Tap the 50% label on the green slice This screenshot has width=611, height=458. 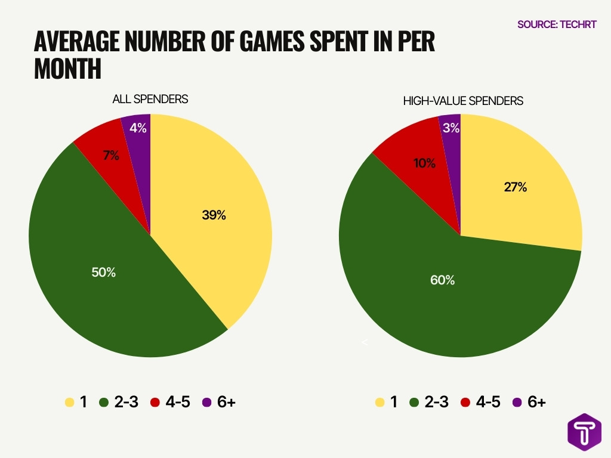coord(103,273)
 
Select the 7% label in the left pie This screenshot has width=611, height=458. coord(111,156)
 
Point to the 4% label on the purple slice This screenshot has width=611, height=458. coord(138,128)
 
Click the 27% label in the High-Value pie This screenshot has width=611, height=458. coord(515,187)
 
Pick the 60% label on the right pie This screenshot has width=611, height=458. coord(442,280)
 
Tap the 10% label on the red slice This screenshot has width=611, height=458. coord(424,163)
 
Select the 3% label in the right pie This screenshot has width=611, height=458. coord(451,128)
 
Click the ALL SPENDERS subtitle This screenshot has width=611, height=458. coord(150,100)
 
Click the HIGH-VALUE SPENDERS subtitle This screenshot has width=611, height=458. coord(463,101)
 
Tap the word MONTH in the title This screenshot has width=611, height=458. coord(67,69)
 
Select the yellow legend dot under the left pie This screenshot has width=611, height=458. coord(69,403)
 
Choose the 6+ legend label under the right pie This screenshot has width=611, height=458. coord(536,403)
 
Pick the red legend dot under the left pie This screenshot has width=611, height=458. coord(155,403)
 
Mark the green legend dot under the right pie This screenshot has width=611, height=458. coord(413,403)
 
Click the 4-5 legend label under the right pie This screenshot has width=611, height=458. coord(488,403)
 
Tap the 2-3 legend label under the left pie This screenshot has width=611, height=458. coord(126,403)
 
